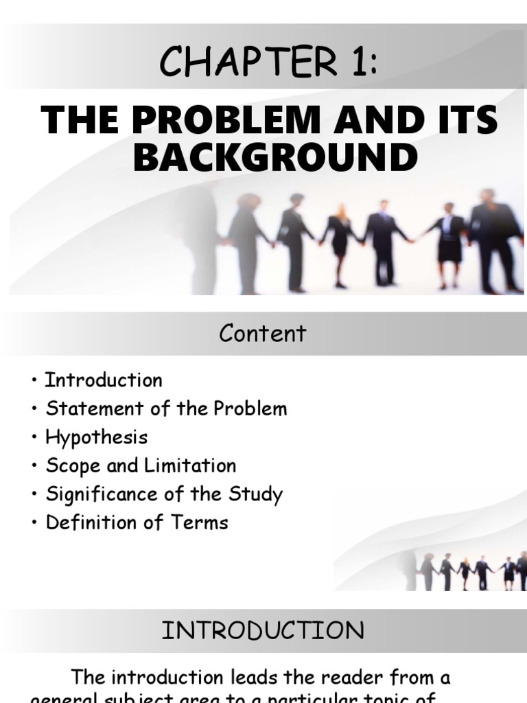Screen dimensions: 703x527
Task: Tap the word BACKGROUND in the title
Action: (x=275, y=157)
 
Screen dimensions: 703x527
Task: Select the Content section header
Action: (x=263, y=334)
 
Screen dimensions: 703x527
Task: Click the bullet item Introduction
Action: (x=104, y=380)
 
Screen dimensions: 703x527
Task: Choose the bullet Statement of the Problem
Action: (x=166, y=409)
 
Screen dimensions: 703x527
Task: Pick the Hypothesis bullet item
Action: (x=96, y=437)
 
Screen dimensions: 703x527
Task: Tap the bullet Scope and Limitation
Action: (x=141, y=465)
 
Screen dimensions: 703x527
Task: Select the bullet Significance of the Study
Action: (x=164, y=494)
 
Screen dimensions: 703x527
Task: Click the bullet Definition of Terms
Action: (x=137, y=522)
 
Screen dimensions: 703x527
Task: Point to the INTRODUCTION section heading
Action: (x=263, y=631)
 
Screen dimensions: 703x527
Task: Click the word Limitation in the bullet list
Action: (x=190, y=465)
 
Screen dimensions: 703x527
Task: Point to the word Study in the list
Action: (x=257, y=494)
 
